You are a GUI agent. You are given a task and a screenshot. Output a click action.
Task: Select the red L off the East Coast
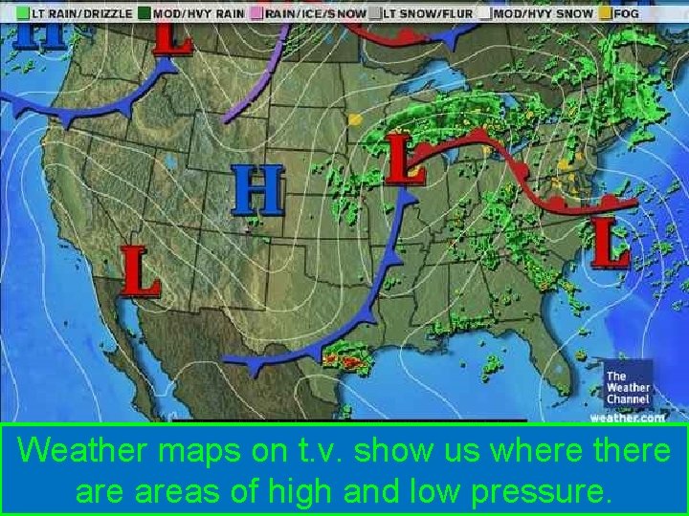611,242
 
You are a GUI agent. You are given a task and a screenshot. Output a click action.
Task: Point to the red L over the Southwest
140,270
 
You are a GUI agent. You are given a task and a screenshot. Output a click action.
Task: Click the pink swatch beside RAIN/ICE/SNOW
256,14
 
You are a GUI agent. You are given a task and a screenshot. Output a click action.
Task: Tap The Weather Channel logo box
628,386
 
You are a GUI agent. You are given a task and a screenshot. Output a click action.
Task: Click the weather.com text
627,417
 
